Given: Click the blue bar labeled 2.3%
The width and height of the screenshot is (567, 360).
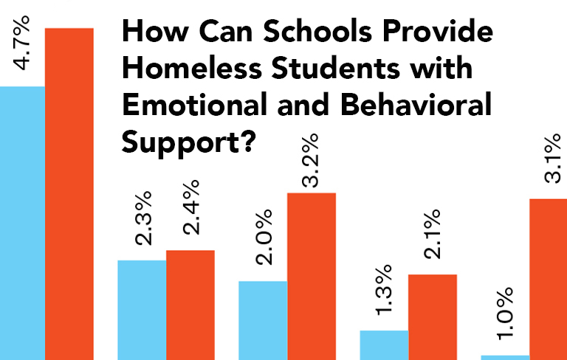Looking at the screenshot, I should pos(142,310).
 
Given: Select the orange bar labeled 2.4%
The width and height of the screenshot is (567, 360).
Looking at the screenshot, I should pos(190,305).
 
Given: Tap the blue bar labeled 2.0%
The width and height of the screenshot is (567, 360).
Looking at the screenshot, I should pos(262,320).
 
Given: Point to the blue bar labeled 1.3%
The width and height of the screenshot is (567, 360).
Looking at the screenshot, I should pos(384,345).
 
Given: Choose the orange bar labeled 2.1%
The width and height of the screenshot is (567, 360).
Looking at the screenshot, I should pos(433,316).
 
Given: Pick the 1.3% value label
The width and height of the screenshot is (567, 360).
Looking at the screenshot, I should pos(385,294).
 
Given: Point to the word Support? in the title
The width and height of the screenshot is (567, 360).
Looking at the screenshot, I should pos(188,142).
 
